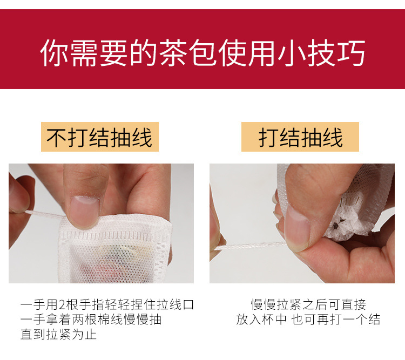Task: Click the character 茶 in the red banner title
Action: [x=173, y=52]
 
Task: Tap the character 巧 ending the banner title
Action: [x=351, y=52]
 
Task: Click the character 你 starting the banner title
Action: [x=54, y=52]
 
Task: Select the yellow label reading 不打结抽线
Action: [x=100, y=137]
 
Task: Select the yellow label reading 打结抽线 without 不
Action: [x=300, y=137]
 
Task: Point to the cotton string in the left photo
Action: [x=45, y=214]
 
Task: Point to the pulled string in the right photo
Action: [x=250, y=246]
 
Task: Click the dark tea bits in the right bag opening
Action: [x=339, y=223]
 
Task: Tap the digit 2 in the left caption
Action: [x=62, y=304]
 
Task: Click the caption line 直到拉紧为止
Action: [x=58, y=335]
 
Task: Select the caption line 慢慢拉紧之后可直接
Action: [x=308, y=304]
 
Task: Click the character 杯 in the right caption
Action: [x=267, y=320]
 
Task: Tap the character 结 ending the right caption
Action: [x=374, y=320]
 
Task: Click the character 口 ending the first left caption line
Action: [x=188, y=304]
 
